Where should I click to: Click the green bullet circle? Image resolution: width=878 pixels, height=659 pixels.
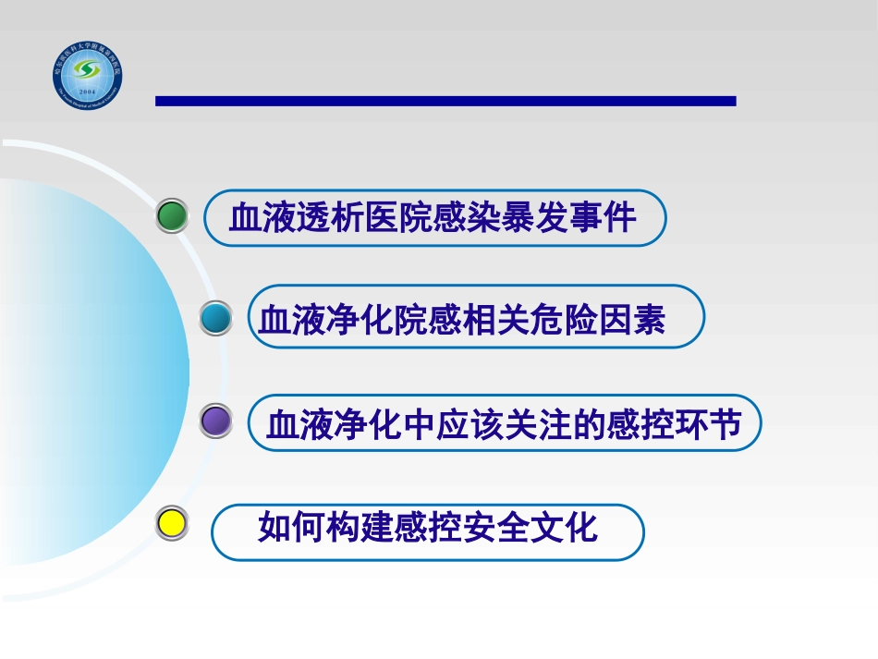173,216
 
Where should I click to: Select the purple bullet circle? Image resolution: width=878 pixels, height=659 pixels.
217,421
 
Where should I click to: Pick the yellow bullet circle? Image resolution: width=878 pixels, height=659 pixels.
173,524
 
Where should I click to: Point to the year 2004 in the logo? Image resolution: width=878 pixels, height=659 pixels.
88,94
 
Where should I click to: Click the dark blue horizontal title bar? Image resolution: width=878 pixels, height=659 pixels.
445,101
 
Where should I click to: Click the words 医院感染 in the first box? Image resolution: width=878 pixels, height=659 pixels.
433,219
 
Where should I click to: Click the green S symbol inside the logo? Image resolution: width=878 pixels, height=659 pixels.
88,70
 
